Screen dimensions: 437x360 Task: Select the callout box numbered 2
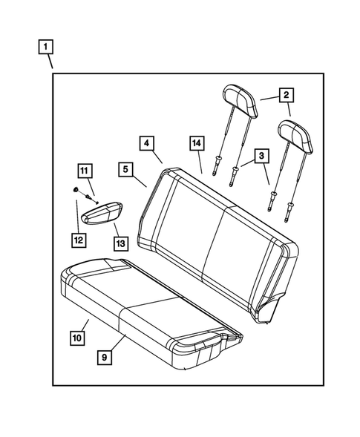tap(284, 95)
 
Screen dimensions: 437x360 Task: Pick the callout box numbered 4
tap(146, 142)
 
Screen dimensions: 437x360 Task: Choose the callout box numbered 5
tap(125, 170)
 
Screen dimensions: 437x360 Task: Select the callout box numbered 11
tap(85, 169)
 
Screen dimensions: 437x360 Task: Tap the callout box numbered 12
tap(78, 239)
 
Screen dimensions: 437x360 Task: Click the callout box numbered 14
tap(196, 142)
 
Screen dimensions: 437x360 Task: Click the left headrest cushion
tap(240, 100)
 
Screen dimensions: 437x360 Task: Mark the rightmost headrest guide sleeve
tap(287, 219)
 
